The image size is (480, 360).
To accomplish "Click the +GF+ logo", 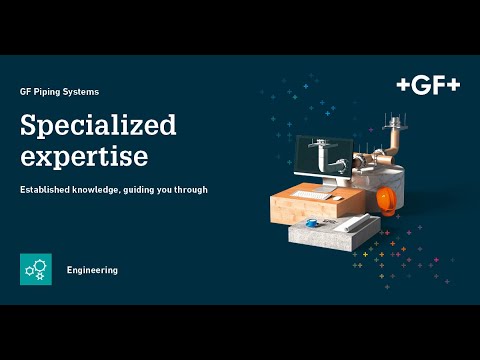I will pos(428,86).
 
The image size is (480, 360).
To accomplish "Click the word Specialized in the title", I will pos(98,125).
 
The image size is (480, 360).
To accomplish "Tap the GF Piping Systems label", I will pos(59,91).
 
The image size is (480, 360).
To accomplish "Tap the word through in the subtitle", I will pos(191,189).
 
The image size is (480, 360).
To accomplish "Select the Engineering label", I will pos(92,270).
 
